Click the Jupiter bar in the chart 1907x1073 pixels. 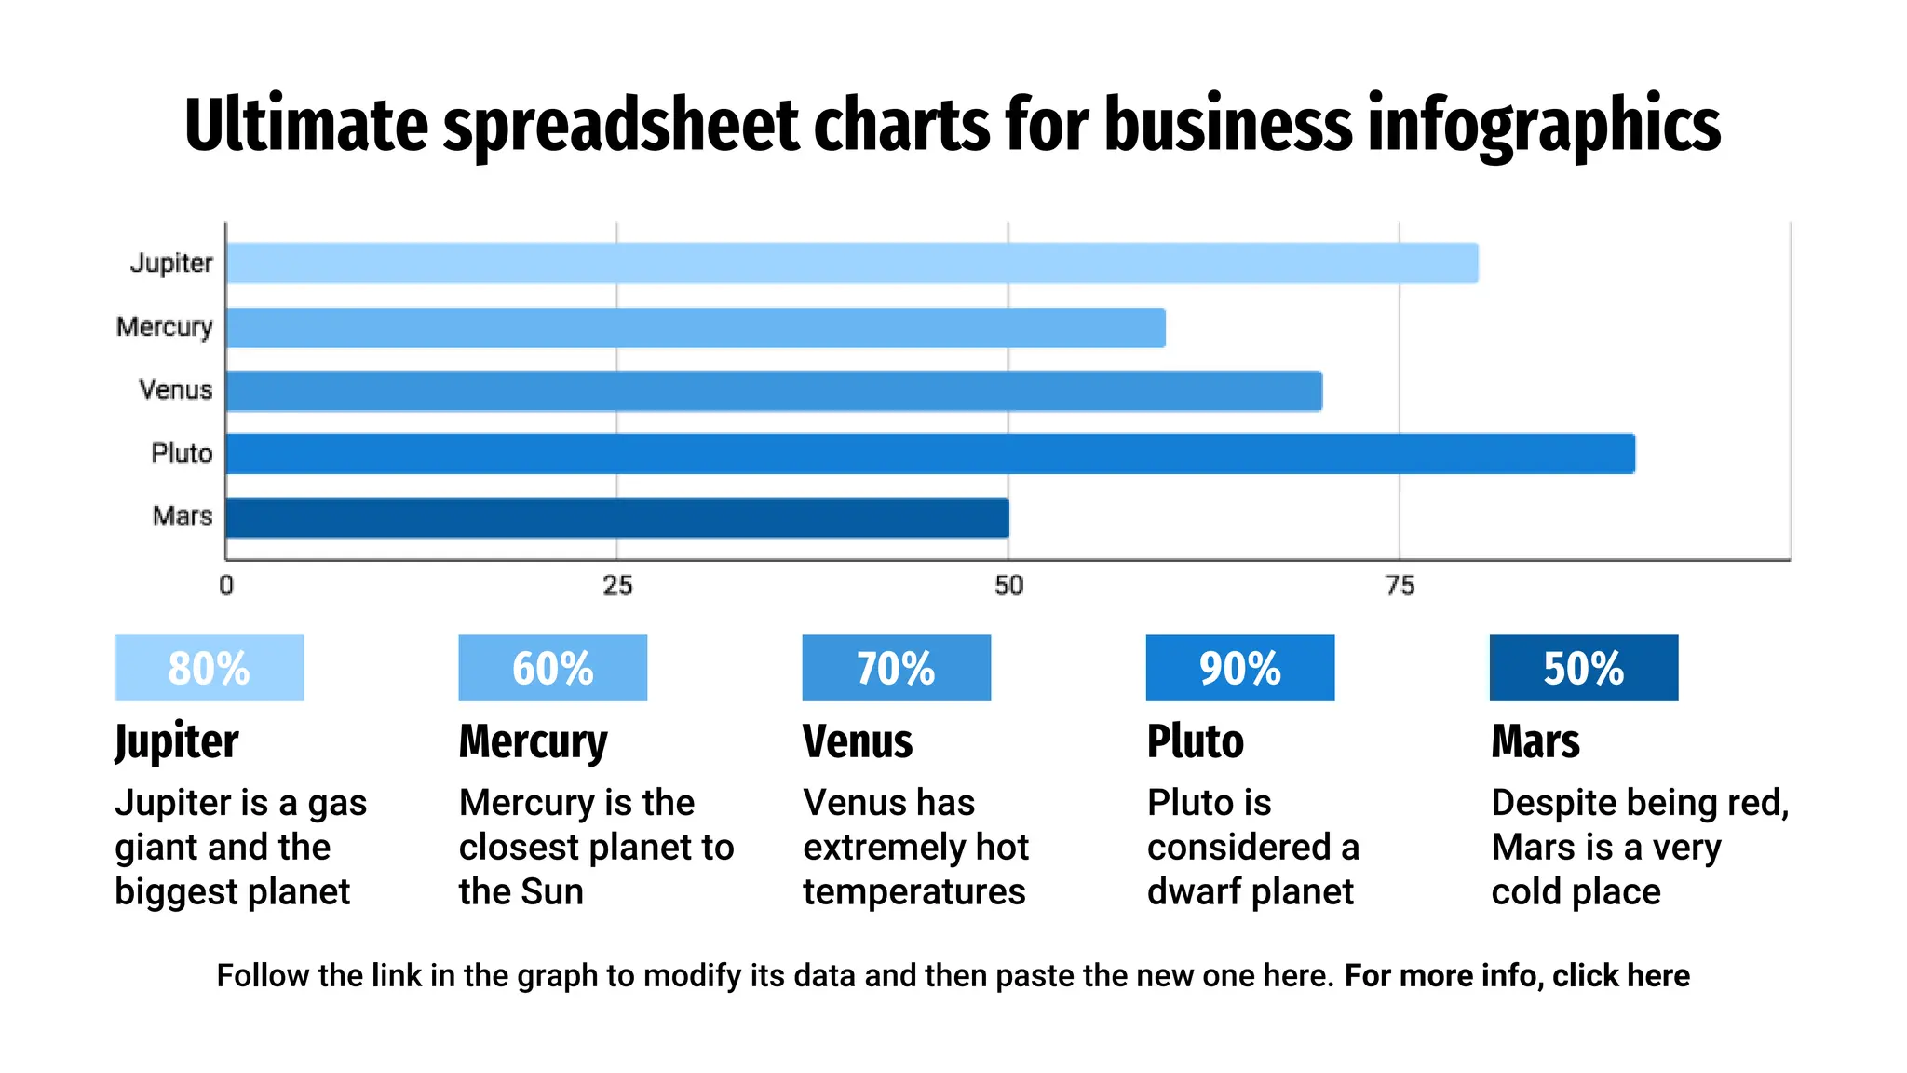click(x=852, y=264)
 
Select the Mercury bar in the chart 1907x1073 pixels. click(x=696, y=328)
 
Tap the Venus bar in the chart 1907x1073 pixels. click(x=774, y=390)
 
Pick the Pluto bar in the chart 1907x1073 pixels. click(x=930, y=454)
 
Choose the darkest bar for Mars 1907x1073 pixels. click(x=617, y=518)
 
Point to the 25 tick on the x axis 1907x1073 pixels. click(x=617, y=586)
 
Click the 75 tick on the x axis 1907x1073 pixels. click(x=1400, y=586)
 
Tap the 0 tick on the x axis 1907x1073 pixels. click(x=226, y=586)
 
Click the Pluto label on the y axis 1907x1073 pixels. click(x=183, y=454)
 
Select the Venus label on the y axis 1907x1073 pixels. click(x=176, y=389)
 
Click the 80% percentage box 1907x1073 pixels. click(x=210, y=668)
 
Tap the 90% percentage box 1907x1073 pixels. click(x=1239, y=668)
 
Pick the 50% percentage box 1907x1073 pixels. click(x=1583, y=668)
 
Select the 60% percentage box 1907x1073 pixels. click(x=552, y=668)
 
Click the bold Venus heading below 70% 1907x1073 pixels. click(x=858, y=741)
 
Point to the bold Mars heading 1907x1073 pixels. click(x=1535, y=741)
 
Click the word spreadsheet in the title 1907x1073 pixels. click(x=621, y=126)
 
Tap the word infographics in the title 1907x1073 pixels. click(x=1543, y=126)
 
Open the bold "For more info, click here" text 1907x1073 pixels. click(x=1517, y=975)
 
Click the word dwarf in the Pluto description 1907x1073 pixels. click(x=1194, y=891)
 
